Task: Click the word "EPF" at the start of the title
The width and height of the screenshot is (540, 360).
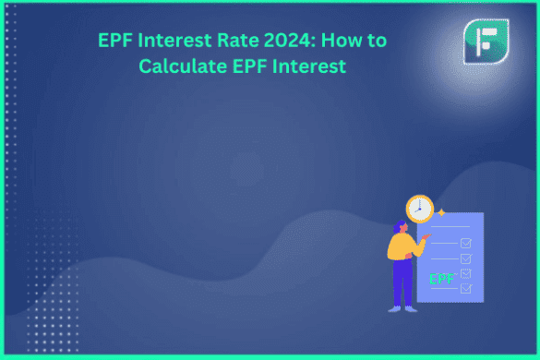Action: tap(117, 41)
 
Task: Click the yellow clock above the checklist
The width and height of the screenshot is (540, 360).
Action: tap(419, 209)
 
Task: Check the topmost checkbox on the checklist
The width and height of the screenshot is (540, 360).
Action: tap(466, 243)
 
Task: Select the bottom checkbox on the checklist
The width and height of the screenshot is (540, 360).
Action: tap(466, 288)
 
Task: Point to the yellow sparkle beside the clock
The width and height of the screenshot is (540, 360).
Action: tap(440, 212)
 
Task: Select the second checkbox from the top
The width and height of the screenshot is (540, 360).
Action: tap(466, 258)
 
